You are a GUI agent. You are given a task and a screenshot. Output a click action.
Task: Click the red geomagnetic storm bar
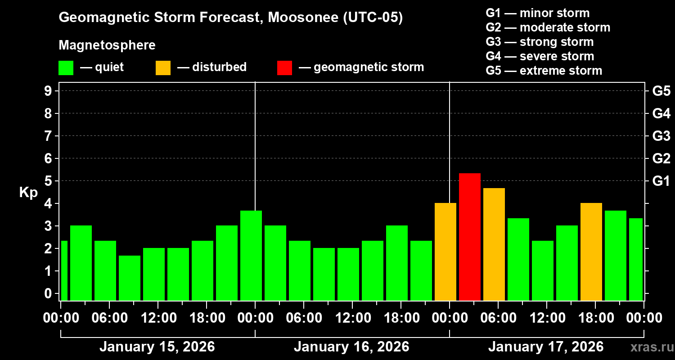tap(469, 237)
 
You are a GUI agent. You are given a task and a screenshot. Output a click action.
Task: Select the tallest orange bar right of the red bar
tap(494, 244)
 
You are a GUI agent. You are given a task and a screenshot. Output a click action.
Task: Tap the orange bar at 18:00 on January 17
tap(591, 252)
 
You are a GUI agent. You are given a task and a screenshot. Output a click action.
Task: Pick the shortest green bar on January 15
tap(130, 278)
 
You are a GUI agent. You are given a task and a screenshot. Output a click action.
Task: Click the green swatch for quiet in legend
tap(66, 68)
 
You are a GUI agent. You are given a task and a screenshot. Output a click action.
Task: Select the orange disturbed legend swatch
tap(163, 68)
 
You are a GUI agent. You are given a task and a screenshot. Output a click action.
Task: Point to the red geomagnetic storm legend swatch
tap(284, 68)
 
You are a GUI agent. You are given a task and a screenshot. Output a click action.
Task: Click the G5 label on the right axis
tap(661, 91)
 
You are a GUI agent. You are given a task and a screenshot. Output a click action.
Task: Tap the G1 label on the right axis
tap(661, 181)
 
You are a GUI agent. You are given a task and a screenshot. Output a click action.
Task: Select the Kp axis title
tap(28, 193)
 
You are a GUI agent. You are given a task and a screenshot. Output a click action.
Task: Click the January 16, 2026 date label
tap(351, 347)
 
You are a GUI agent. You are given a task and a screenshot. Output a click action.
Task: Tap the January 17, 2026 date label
tap(546, 347)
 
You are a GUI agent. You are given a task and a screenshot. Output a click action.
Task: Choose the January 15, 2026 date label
tap(157, 347)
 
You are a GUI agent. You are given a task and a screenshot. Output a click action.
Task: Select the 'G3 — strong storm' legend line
tap(540, 42)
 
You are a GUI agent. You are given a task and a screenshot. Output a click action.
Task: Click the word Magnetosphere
tap(107, 45)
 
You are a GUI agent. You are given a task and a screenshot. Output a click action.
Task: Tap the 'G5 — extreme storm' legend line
tap(544, 71)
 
